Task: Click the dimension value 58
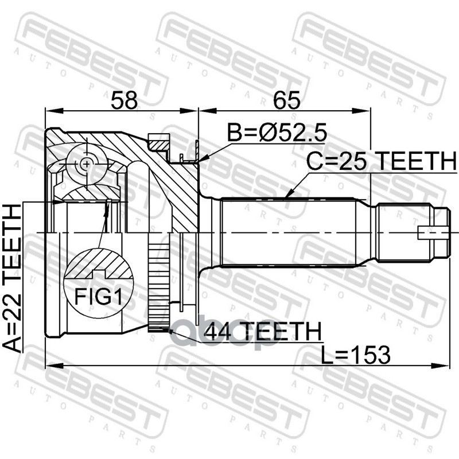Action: click(x=125, y=101)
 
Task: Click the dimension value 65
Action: click(x=287, y=101)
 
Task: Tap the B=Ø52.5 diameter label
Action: click(x=277, y=134)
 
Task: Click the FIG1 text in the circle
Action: click(x=99, y=296)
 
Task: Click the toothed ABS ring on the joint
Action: click(x=158, y=287)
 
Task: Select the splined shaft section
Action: click(x=287, y=232)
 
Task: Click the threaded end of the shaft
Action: click(x=402, y=232)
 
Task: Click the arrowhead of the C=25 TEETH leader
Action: click(x=286, y=196)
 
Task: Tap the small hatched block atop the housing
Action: click(x=160, y=141)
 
